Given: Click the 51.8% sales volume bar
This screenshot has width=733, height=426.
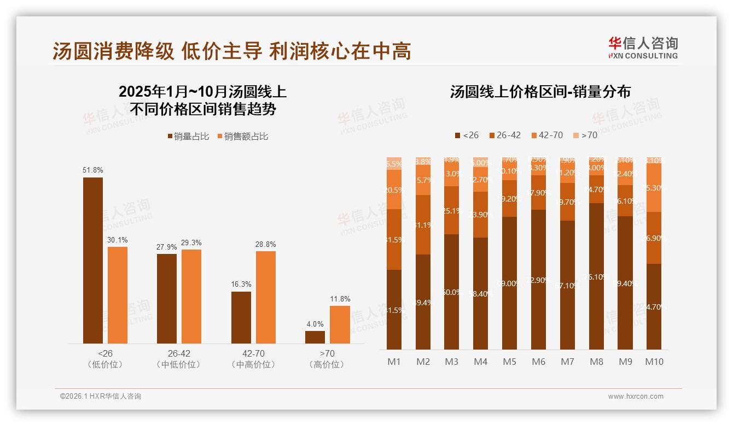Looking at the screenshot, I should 92,261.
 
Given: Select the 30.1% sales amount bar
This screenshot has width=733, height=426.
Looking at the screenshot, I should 118,295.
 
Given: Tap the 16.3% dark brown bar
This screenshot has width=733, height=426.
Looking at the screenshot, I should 241,317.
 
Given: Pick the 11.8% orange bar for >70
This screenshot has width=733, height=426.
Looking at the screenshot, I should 340,324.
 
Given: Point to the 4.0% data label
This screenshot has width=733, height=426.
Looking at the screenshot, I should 315,324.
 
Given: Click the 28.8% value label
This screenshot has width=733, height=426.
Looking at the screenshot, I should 266,244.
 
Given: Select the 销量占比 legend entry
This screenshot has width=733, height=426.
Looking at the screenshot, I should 188,137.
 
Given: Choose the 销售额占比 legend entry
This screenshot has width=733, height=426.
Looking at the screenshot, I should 242,137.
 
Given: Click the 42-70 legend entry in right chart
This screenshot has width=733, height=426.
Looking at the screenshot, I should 546,135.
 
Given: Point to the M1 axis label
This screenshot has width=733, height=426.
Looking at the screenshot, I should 394,362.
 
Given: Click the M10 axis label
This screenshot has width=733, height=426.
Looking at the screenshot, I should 654,362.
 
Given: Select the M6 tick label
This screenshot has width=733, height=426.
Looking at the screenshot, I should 538,362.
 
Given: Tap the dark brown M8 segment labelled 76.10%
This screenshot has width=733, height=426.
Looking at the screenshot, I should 596,276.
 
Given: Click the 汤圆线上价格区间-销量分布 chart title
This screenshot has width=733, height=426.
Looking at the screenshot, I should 540,92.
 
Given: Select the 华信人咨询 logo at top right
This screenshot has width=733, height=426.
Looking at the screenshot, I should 643,48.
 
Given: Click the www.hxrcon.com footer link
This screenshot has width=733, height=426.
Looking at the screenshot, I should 636,397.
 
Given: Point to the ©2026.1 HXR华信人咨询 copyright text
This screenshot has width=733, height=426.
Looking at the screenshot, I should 101,397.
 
